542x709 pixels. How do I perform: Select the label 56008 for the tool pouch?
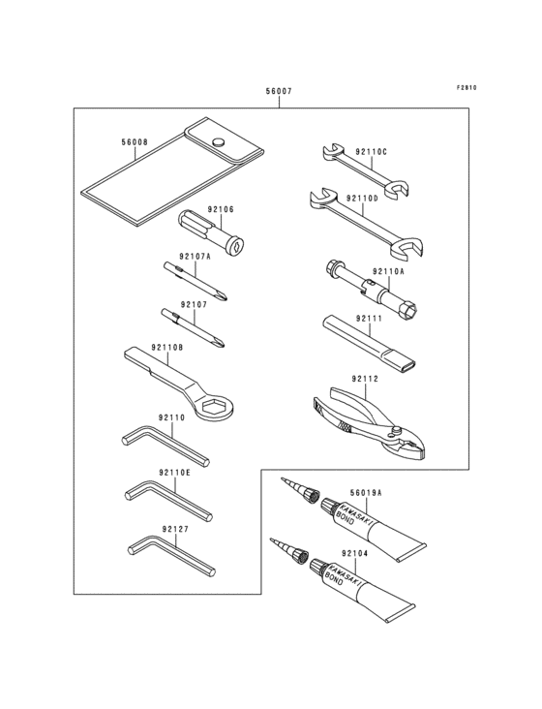click(x=135, y=142)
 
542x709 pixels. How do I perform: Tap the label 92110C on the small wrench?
click(x=371, y=151)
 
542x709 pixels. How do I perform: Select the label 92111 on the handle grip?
click(x=368, y=319)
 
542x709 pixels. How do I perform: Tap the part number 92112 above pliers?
click(x=365, y=379)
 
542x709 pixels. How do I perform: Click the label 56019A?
click(x=366, y=492)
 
